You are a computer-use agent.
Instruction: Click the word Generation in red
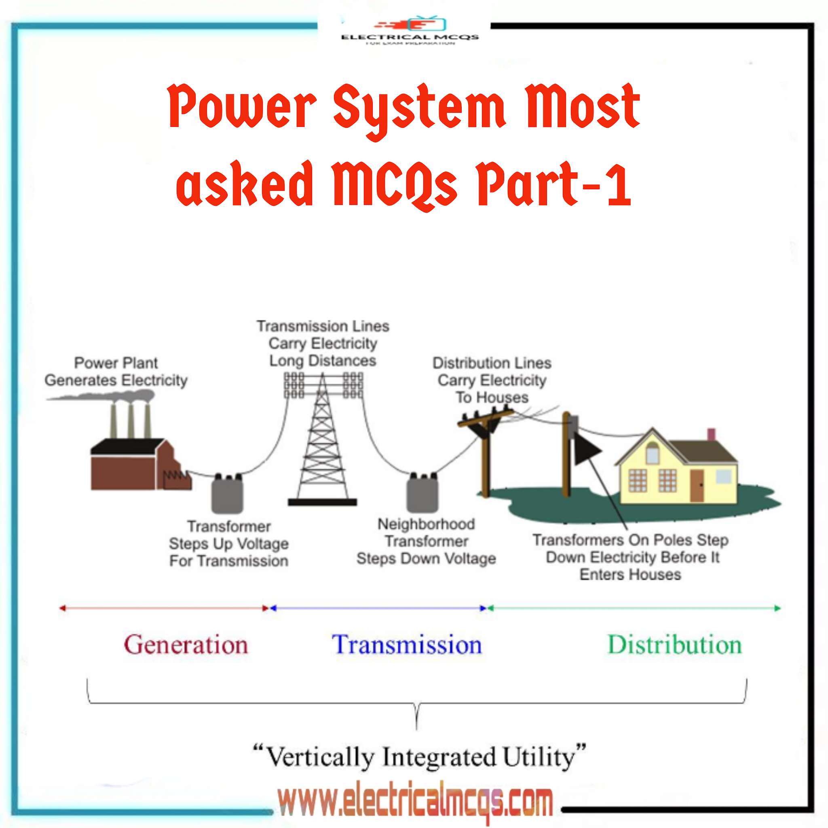(186, 645)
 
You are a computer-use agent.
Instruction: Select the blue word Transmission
(407, 645)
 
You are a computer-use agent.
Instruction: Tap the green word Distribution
(675, 645)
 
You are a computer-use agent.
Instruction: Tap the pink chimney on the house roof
(712, 434)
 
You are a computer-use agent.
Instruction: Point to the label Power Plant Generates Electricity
(116, 372)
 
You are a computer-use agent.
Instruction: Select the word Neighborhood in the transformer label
(426, 524)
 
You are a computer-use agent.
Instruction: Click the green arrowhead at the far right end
(777, 608)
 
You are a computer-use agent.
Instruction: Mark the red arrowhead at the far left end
(63, 608)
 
